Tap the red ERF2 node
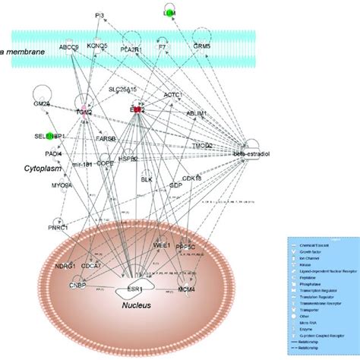pyautogui.click(x=138, y=110)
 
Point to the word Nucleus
pyautogui.click(x=137, y=306)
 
